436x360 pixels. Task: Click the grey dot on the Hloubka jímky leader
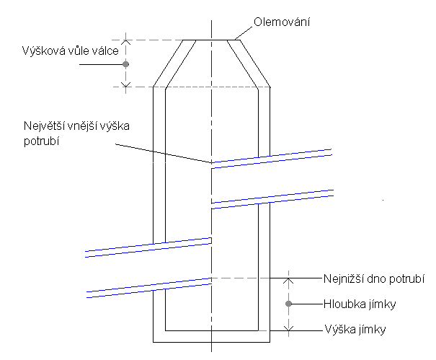(x=288, y=304)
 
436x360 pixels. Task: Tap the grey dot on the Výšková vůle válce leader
(x=126, y=64)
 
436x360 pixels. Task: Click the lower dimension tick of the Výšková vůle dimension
(x=126, y=87)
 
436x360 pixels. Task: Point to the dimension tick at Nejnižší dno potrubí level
(x=288, y=278)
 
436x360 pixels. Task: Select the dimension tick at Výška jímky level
(x=288, y=330)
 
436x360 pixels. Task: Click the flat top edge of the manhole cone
(x=210, y=40)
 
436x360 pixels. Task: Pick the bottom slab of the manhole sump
(x=211, y=335)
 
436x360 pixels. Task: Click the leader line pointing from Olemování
(x=244, y=32)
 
